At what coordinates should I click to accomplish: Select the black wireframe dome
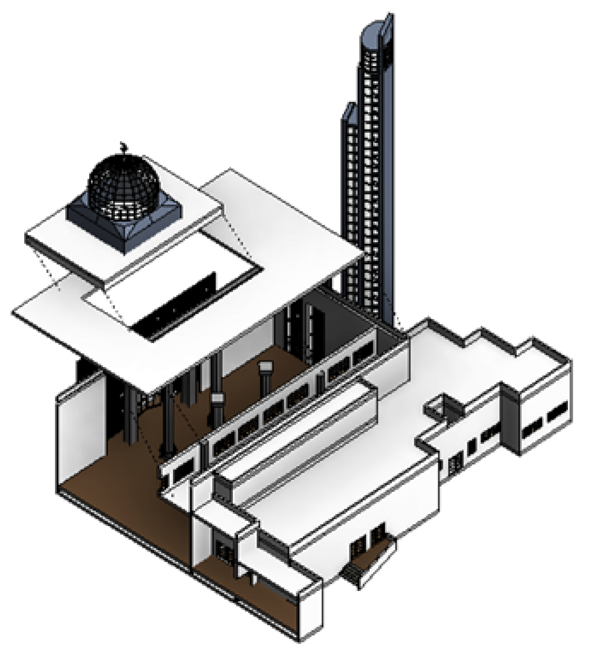click(x=124, y=184)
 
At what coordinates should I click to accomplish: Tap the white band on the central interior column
click(x=217, y=399)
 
